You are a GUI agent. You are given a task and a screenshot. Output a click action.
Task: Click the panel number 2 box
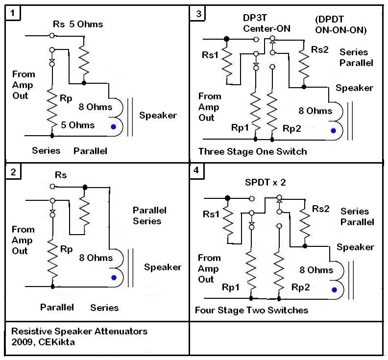tap(13, 171)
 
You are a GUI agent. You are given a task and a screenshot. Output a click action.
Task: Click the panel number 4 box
tap(197, 171)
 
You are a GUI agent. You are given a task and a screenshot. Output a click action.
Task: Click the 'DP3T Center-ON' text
tap(267, 23)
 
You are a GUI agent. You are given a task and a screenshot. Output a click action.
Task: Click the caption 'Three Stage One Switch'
tap(252, 151)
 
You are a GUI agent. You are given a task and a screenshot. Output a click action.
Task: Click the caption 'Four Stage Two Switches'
tap(251, 310)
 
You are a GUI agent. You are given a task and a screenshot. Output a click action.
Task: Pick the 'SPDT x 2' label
tap(265, 182)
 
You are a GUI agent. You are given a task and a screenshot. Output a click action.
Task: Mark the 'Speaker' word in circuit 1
tap(158, 116)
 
